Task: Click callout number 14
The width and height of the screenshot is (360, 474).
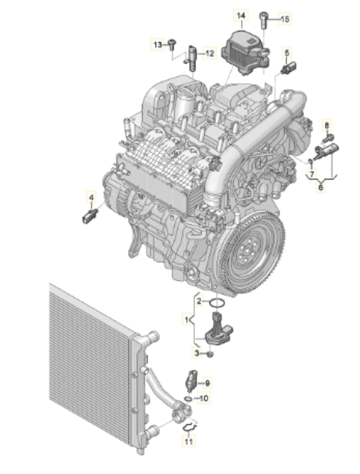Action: [242, 15]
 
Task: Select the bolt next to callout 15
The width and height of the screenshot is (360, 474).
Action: [263, 20]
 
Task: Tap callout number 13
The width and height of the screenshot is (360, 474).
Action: [158, 45]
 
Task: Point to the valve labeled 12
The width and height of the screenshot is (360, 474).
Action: [190, 58]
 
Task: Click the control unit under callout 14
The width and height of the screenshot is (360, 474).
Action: [245, 53]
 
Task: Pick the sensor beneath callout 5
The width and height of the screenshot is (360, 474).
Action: [289, 67]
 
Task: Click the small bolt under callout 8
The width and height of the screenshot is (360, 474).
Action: [327, 139]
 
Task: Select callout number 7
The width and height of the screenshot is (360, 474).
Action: [312, 174]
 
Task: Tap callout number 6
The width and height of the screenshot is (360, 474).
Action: [321, 187]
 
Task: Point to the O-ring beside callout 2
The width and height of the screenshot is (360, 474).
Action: [217, 303]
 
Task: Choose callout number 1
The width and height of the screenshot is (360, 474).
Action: [187, 319]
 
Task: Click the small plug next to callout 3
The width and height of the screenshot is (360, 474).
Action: [210, 354]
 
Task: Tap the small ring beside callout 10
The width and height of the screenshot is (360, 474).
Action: [188, 399]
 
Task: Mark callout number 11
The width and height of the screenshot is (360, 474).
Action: [188, 442]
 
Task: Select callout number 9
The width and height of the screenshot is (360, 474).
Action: [207, 383]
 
